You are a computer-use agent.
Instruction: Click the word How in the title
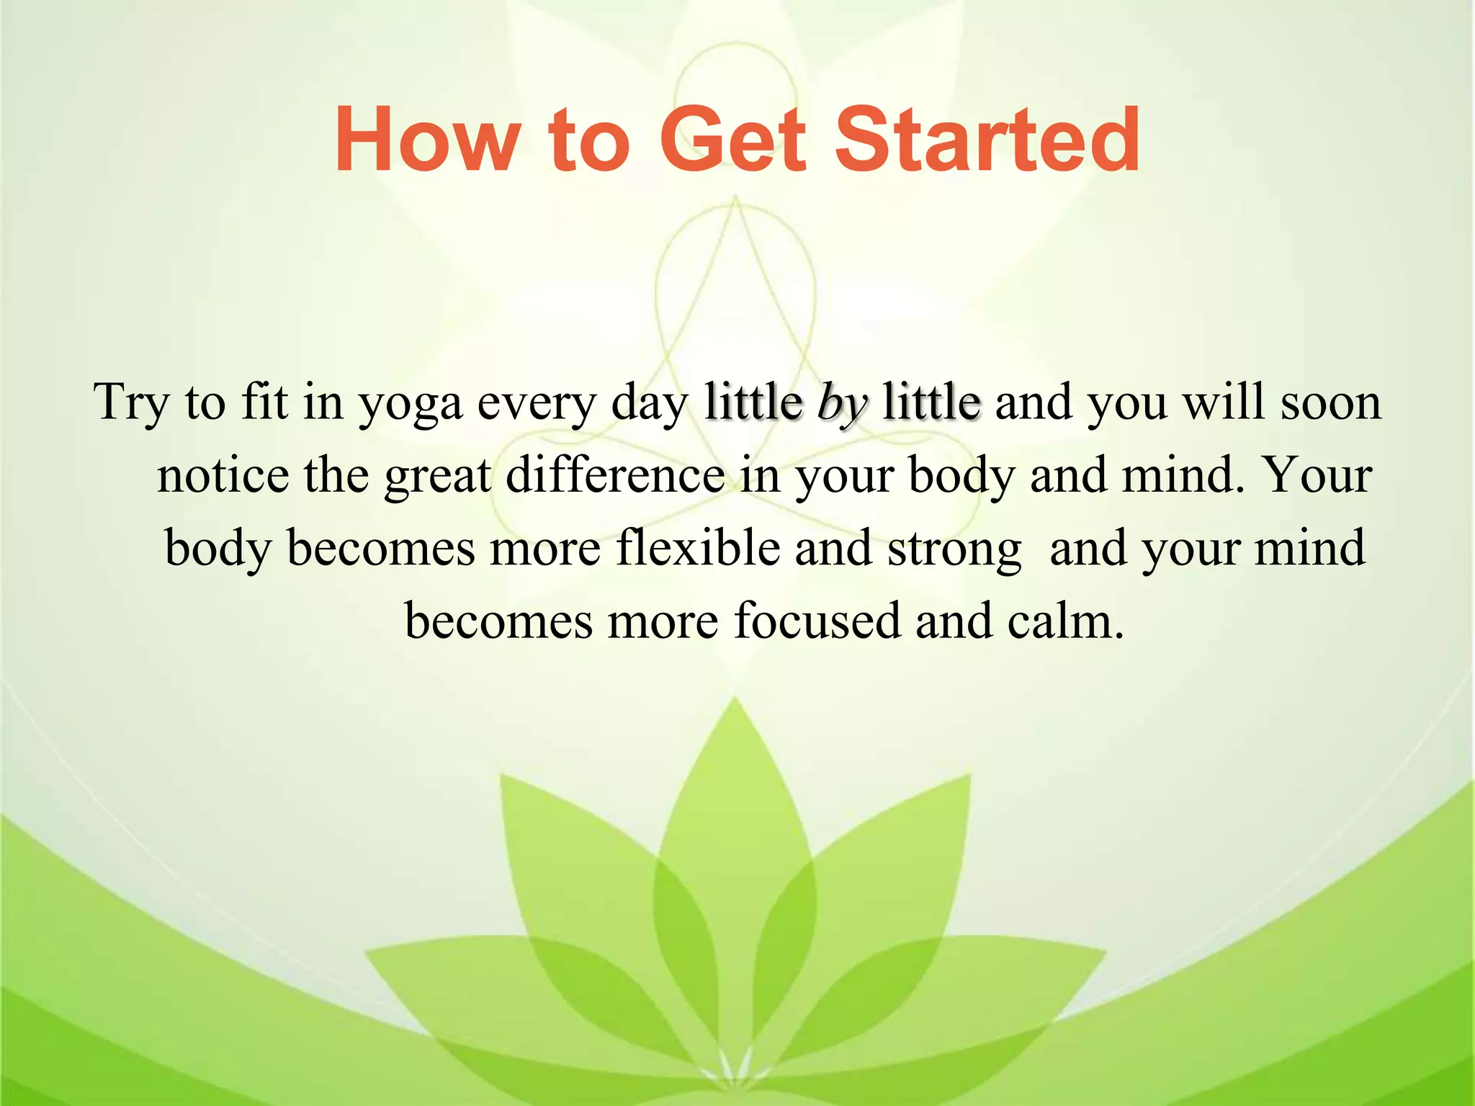(425, 140)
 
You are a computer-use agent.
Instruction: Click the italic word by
(842, 403)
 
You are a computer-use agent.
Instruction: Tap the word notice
(223, 476)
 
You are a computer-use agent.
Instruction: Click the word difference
(615, 476)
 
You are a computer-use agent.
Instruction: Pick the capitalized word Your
(1317, 476)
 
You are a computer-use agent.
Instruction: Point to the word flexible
(697, 549)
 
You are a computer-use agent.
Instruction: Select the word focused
(817, 621)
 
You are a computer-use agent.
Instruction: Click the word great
(437, 477)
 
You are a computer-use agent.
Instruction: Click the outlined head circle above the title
(735, 79)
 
